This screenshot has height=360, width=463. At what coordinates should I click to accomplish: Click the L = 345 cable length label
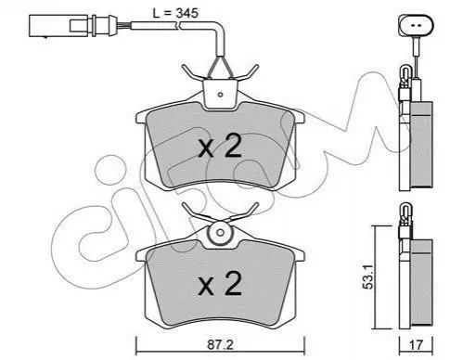tap(175, 13)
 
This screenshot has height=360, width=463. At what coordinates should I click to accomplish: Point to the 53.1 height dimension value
tap(368, 276)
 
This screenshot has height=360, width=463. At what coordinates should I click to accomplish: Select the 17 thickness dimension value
tap(417, 345)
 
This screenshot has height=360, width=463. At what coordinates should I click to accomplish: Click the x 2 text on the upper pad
tap(220, 148)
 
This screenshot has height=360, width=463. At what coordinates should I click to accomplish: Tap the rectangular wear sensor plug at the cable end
tap(70, 26)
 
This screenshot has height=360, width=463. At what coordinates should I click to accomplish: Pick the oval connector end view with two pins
tap(417, 26)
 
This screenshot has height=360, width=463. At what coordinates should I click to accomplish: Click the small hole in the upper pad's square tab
tap(220, 95)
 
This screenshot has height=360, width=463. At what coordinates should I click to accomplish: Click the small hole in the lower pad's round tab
tap(220, 232)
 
